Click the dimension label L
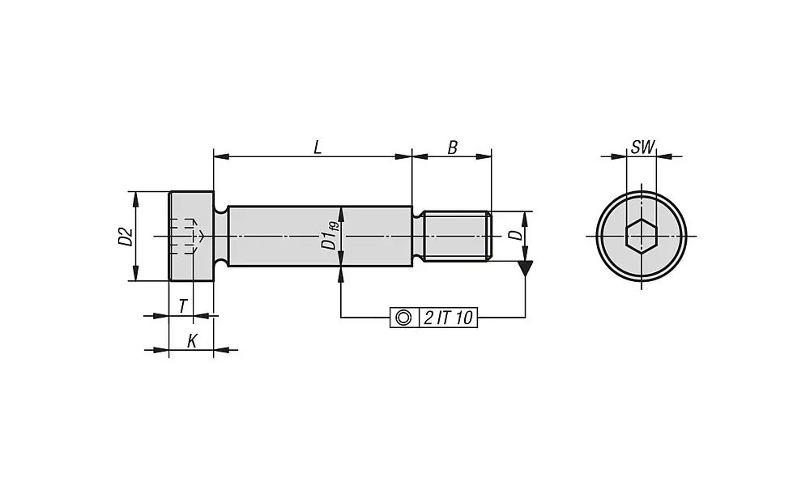(x=317, y=147)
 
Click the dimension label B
(x=453, y=147)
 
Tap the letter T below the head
(x=183, y=306)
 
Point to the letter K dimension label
(x=191, y=341)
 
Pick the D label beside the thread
(x=514, y=235)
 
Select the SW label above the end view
(x=642, y=147)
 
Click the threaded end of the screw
(x=457, y=237)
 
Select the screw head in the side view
(x=191, y=237)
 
